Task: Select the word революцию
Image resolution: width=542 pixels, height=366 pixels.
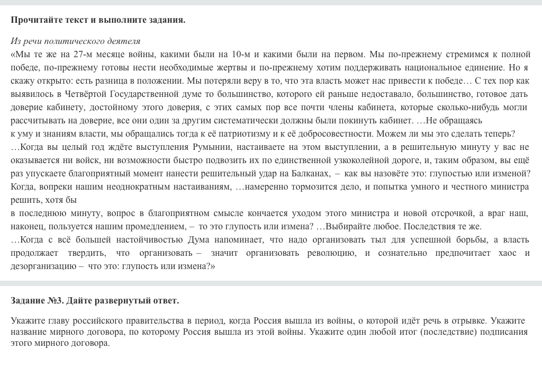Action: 331,253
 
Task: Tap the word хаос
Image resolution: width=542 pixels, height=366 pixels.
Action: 508,253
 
